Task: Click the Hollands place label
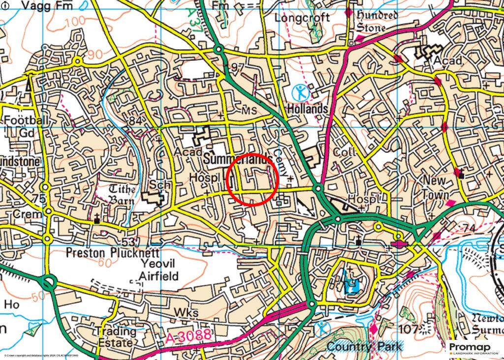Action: [308, 108]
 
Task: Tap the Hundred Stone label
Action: [378, 21]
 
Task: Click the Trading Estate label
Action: [115, 336]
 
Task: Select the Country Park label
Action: [364, 346]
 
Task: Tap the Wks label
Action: [186, 313]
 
